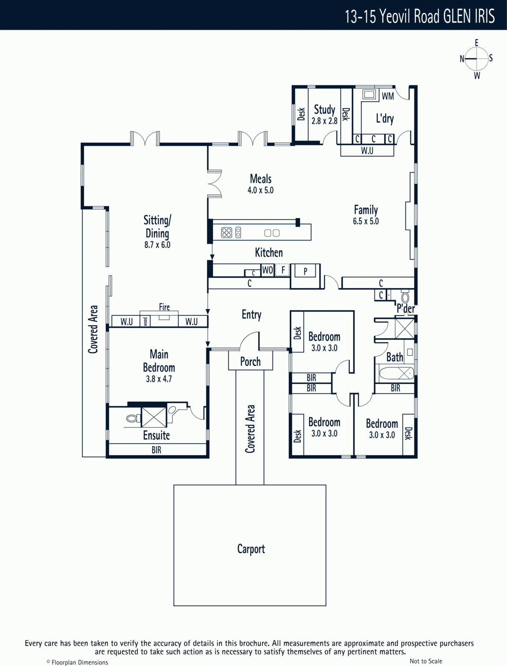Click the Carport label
[x=251, y=549]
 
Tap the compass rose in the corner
[x=476, y=59]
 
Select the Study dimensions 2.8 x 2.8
[x=324, y=121]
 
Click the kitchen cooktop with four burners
[x=227, y=233]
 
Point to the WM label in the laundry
[x=388, y=96]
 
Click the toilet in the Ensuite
[x=133, y=419]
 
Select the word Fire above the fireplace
[x=164, y=307]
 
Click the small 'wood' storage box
[x=145, y=321]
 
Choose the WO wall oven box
[x=267, y=270]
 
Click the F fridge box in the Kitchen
[x=282, y=270]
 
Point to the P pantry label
[x=305, y=271]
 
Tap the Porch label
[x=250, y=362]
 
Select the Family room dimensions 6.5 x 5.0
[x=365, y=221]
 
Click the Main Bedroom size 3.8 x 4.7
[x=159, y=379]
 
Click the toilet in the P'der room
[x=405, y=296]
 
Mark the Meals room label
[x=260, y=179]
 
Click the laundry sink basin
[x=369, y=94]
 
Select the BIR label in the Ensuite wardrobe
[x=156, y=450]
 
